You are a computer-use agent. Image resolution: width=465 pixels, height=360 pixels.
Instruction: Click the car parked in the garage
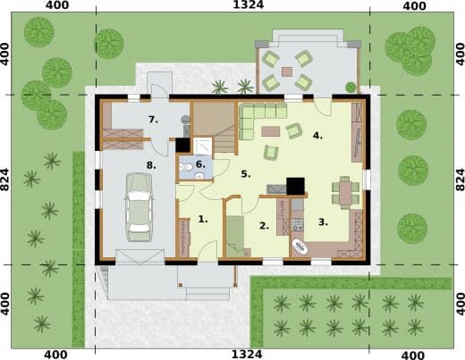click(x=139, y=207)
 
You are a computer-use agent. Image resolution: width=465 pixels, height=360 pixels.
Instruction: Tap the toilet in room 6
click(x=186, y=167)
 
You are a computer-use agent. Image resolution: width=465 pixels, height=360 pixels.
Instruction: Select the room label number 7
click(x=153, y=120)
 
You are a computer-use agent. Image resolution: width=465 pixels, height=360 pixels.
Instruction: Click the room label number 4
click(x=317, y=136)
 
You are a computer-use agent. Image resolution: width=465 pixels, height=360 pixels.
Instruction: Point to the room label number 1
click(x=203, y=220)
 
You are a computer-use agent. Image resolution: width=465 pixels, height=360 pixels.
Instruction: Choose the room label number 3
click(x=323, y=222)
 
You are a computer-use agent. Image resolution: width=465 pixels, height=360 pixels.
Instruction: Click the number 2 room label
click(x=264, y=226)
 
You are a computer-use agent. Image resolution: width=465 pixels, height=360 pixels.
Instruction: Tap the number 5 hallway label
click(x=246, y=174)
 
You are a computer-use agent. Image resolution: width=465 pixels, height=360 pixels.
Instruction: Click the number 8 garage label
click(x=151, y=165)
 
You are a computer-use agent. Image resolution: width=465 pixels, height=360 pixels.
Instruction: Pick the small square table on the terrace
click(x=287, y=71)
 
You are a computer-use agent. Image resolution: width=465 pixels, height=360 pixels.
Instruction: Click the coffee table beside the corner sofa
click(x=271, y=131)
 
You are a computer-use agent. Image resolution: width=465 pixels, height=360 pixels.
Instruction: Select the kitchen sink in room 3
click(x=300, y=247)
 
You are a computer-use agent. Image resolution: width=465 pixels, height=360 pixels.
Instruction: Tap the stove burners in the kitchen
click(x=298, y=224)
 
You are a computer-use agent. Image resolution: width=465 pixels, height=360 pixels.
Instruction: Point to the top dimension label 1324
click(x=249, y=4)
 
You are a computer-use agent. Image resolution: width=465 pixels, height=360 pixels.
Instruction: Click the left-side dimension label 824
click(x=5, y=180)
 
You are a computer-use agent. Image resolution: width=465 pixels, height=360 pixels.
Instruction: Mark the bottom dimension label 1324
click(x=247, y=355)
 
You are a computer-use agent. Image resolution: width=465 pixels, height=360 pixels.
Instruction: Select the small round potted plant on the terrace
click(x=351, y=88)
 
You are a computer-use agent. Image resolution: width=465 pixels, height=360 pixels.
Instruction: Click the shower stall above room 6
click(x=202, y=146)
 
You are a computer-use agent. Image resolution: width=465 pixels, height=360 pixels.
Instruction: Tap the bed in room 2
click(x=235, y=237)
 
